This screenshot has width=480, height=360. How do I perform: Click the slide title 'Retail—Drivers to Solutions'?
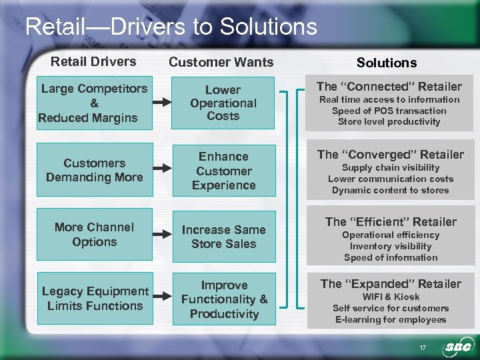171,27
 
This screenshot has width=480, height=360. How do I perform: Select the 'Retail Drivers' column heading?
94,61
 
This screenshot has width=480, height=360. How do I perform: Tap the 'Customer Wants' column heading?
221,62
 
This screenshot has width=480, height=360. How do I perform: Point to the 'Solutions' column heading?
387,63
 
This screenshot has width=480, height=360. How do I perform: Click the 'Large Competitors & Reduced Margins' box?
94,103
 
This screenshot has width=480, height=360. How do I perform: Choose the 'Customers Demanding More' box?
94,170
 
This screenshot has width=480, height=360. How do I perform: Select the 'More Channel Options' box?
94,235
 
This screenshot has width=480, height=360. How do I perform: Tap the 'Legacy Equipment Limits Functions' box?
94,299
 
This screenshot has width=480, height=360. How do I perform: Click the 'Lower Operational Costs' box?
223,103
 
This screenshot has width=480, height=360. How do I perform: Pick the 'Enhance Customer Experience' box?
223,171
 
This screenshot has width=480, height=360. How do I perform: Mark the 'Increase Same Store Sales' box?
223,237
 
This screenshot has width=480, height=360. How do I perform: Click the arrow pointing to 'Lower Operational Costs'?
161,104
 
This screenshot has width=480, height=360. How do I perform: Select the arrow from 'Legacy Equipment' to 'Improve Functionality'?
161,299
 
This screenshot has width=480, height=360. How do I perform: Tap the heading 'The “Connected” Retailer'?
389,86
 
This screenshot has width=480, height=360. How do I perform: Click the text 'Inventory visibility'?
391,246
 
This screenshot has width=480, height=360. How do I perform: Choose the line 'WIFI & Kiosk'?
391,297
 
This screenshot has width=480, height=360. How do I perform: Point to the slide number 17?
422,347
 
